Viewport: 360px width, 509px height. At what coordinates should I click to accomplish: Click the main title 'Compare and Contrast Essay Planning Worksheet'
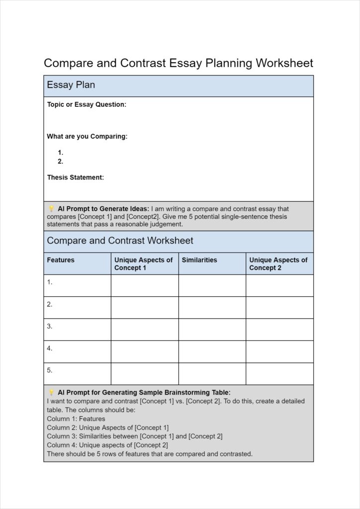[179, 63]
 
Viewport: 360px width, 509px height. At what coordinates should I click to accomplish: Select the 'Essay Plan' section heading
[71, 85]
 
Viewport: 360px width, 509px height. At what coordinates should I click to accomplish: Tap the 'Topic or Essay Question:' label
[87, 104]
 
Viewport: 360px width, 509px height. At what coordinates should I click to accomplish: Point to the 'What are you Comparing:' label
[87, 136]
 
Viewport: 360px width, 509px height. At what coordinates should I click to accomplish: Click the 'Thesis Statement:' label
[76, 177]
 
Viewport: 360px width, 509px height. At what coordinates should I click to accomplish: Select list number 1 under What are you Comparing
[60, 153]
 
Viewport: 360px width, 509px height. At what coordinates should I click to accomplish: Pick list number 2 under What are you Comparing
[60, 161]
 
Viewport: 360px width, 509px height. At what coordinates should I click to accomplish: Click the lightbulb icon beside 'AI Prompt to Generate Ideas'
[51, 209]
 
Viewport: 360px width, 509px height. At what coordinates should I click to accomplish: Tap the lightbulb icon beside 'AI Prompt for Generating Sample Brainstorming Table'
[51, 392]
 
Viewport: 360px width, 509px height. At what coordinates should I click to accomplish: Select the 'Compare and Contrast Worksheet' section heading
[120, 241]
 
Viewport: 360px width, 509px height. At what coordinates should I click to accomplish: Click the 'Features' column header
[61, 260]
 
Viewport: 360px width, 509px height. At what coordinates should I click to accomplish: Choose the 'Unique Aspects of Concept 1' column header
[143, 264]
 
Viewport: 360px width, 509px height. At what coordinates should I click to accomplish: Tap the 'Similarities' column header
[199, 260]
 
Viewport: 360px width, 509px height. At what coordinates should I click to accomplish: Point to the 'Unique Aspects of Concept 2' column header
[278, 264]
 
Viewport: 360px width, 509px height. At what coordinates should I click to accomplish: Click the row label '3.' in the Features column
[50, 326]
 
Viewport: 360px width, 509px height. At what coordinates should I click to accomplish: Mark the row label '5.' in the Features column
[50, 370]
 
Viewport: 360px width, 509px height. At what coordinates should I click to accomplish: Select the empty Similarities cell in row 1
[212, 285]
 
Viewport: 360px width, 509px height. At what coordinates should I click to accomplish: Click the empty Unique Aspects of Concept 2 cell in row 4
[279, 351]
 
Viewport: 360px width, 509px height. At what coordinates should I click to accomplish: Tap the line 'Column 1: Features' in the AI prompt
[76, 419]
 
